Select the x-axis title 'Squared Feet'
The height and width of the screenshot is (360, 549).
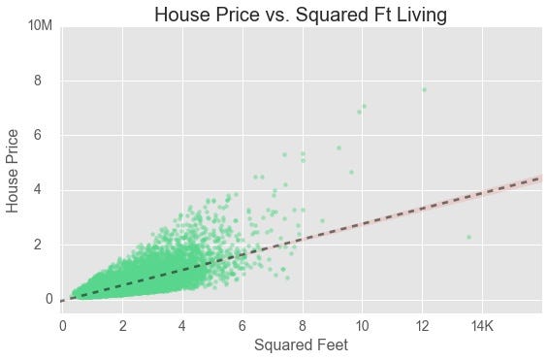[301, 344]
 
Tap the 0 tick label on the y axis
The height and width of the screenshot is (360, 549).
[48, 299]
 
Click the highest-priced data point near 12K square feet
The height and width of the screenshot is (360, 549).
[424, 89]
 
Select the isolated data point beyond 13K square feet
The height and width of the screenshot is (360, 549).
[468, 237]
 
